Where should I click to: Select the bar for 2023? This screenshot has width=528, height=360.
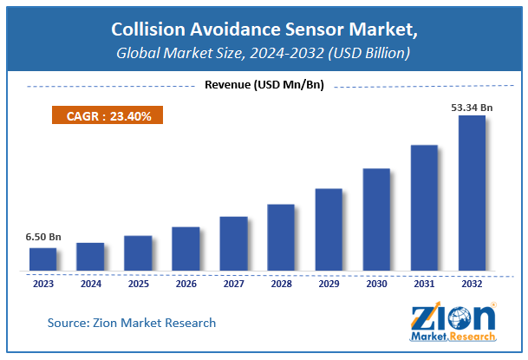point(42,259)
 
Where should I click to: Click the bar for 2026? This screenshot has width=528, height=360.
point(186,249)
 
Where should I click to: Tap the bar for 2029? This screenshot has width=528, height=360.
point(329,230)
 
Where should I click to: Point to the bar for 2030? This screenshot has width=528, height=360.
point(376,219)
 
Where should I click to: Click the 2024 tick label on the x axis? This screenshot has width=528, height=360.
point(90,282)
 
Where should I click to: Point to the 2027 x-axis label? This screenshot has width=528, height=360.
point(233,282)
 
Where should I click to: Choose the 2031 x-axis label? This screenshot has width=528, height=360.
point(424,282)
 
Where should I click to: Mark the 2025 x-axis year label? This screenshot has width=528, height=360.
point(138,282)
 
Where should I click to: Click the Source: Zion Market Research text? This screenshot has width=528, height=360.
point(131,323)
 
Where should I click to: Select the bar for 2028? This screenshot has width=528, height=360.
point(281,238)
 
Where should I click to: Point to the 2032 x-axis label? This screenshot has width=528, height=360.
point(472,282)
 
